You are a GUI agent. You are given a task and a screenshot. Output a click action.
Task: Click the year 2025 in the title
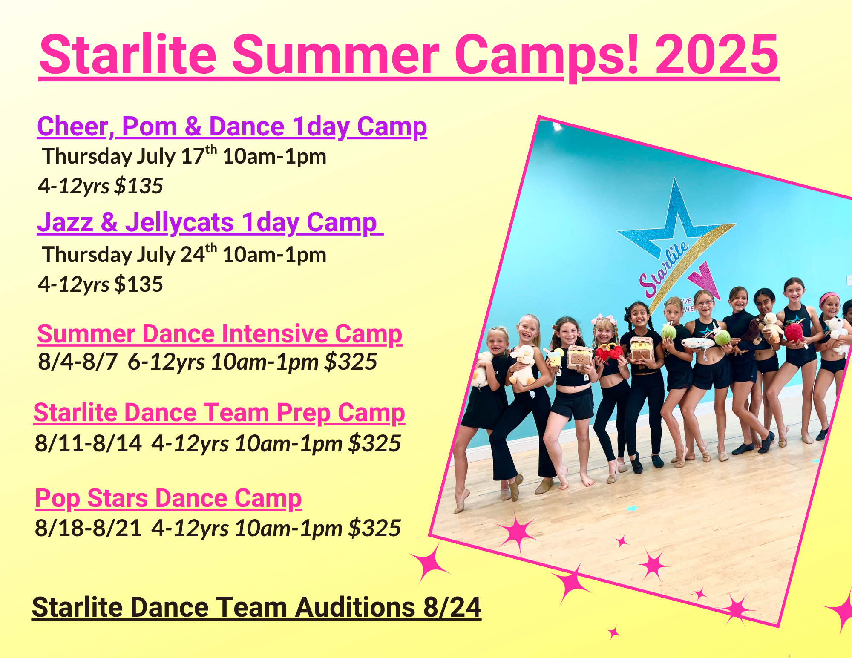717,55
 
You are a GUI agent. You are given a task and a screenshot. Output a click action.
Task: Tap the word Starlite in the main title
128,55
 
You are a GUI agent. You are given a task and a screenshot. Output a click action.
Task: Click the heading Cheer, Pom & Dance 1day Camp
232,127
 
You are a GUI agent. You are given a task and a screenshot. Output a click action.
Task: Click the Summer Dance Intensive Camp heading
220,334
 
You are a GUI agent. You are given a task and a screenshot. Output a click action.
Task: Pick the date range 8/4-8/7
78,362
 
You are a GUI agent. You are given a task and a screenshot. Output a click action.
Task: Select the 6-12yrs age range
167,362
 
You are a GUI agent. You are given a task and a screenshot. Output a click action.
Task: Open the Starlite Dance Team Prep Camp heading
219,413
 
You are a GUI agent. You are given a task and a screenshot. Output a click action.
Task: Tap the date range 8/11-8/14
88,443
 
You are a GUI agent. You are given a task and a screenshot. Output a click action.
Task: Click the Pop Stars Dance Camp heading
168,498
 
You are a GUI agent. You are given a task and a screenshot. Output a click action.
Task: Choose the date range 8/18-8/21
88,528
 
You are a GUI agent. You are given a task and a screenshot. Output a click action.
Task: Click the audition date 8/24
452,607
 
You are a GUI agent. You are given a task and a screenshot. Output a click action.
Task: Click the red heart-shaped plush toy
608,353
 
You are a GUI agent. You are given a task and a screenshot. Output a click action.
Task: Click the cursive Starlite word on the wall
664,268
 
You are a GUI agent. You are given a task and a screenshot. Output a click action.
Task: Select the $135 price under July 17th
139,186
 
